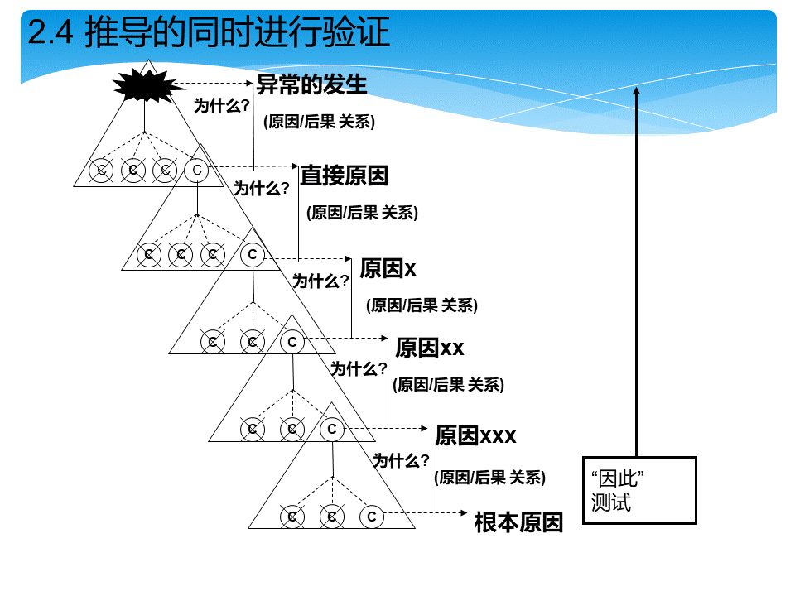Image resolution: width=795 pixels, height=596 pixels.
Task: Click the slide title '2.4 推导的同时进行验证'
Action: [x=209, y=31]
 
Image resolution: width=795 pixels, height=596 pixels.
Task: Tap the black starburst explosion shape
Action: [x=147, y=85]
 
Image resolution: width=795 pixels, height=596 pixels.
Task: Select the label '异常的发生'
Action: [x=311, y=84]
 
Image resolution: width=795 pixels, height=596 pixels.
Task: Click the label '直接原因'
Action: [x=344, y=175]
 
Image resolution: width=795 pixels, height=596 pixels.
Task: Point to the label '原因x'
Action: [x=388, y=268]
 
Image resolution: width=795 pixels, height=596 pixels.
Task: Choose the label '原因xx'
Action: [x=430, y=348]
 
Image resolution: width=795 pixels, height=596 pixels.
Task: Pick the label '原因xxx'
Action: [x=475, y=435]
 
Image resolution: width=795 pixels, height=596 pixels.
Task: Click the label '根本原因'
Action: [x=518, y=522]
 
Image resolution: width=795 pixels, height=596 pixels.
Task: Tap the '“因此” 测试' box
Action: [x=639, y=490]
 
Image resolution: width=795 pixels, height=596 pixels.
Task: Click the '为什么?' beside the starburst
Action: [x=222, y=106]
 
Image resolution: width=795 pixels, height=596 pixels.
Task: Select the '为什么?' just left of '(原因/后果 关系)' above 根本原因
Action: [x=401, y=461]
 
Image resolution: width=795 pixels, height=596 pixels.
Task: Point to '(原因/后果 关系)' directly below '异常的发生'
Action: [x=319, y=122]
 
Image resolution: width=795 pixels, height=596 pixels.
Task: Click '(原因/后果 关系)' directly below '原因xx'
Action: [x=448, y=385]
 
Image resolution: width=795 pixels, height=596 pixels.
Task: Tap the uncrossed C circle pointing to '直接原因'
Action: [x=197, y=171]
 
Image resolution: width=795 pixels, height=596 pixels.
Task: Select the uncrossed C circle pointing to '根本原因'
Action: [x=372, y=517]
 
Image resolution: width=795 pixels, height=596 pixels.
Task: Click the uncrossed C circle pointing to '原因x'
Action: [x=253, y=254]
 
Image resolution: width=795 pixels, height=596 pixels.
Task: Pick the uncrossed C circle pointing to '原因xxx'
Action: [x=332, y=430]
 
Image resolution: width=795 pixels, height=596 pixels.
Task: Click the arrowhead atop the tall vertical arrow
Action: [x=637, y=91]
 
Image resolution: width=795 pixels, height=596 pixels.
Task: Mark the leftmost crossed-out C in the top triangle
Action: [x=101, y=171]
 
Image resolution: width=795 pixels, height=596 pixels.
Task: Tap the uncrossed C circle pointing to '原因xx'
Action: [x=292, y=342]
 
